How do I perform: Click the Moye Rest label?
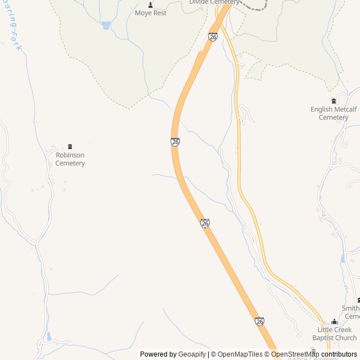point(151,13)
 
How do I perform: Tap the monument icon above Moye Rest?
point(151,4)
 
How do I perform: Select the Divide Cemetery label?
point(214,2)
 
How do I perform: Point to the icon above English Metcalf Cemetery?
point(334,101)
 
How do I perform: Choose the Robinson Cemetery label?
point(70,159)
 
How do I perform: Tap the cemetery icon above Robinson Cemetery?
point(70,147)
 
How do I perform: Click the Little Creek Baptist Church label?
point(335,334)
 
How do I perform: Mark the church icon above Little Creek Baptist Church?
point(335,322)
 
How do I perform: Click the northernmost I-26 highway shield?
point(213,37)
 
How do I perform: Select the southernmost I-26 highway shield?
point(259,321)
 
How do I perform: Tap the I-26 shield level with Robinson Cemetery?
point(175,142)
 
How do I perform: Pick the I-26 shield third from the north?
point(205,223)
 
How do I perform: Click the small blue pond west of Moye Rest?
point(106,25)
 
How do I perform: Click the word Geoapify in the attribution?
point(192,354)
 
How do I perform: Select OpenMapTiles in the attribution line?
point(240,354)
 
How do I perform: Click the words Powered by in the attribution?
point(158,354)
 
